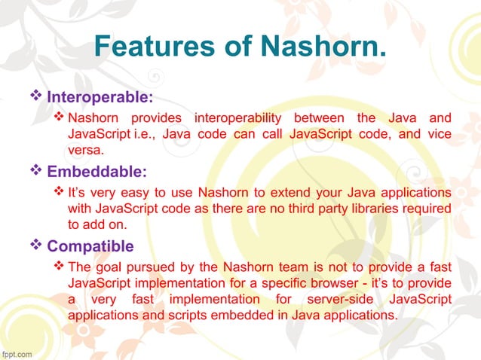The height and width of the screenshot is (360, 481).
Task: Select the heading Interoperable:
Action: (x=100, y=98)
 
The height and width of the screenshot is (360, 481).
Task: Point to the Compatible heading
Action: (x=90, y=246)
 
